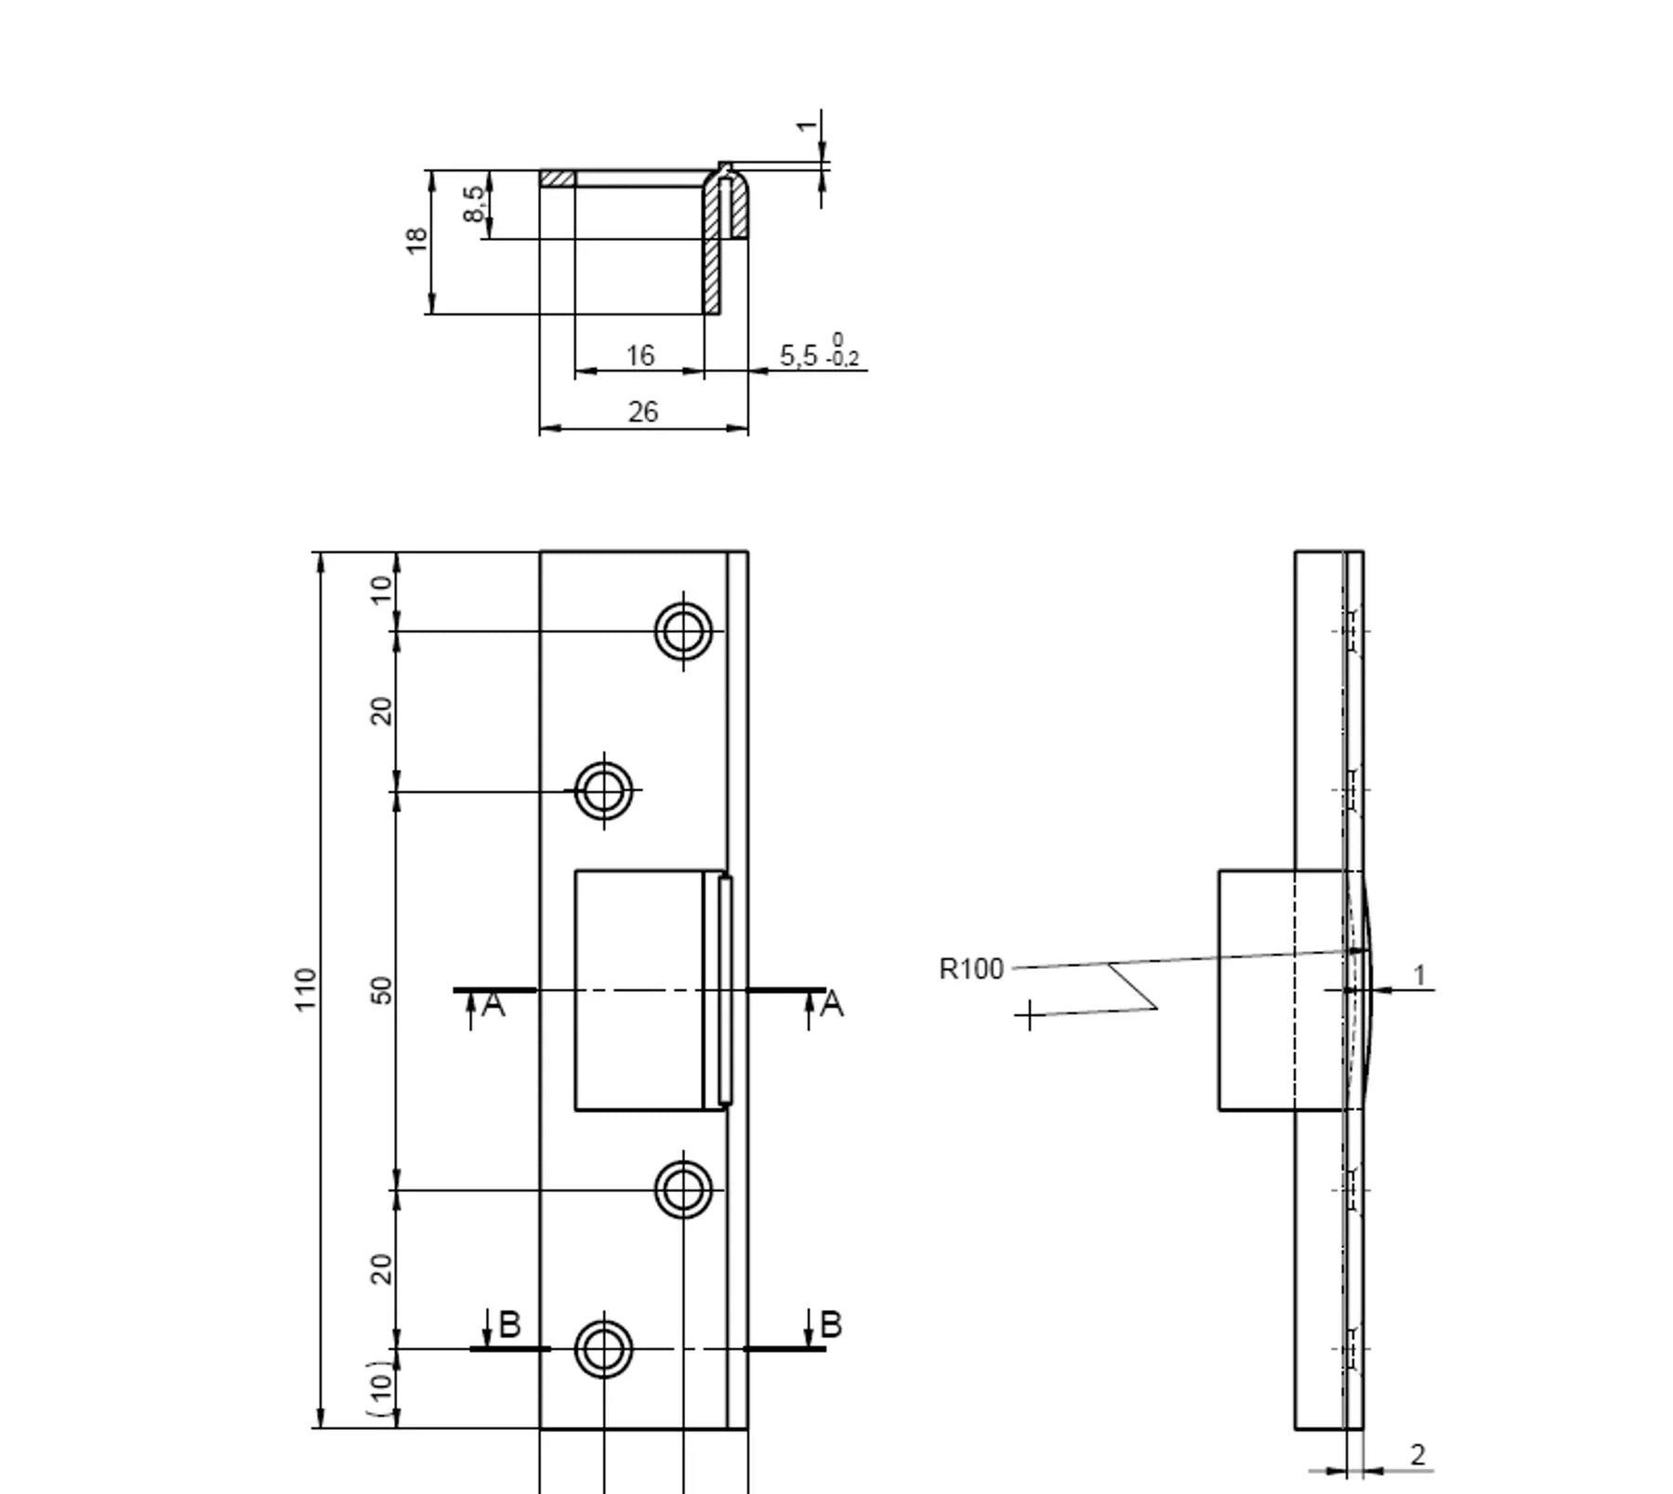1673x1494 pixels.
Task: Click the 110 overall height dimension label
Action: tap(306, 988)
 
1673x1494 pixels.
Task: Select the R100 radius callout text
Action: tap(971, 969)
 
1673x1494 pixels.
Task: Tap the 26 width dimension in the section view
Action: tap(643, 412)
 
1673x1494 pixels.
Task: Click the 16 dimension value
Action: tap(639, 355)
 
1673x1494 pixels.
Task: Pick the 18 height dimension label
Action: tap(416, 241)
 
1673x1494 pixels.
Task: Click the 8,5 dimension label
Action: tap(474, 204)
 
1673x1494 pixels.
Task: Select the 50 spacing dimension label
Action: tap(382, 990)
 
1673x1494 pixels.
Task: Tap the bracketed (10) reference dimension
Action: tap(381, 1388)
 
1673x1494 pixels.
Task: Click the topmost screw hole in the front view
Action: tap(683, 630)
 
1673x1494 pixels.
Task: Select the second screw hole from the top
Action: tap(604, 791)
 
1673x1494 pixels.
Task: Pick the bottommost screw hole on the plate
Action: tap(604, 1349)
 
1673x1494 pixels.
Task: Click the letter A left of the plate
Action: tap(494, 1004)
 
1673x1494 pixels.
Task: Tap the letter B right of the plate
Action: tap(831, 1324)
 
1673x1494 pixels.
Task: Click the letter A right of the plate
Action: tap(832, 1004)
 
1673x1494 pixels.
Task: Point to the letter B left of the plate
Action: tap(509, 1324)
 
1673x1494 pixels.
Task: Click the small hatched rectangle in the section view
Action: tap(558, 178)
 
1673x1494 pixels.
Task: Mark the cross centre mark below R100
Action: tap(1028, 1015)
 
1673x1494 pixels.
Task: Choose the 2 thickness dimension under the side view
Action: tap(1417, 1454)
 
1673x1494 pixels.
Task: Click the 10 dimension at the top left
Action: tap(382, 589)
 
